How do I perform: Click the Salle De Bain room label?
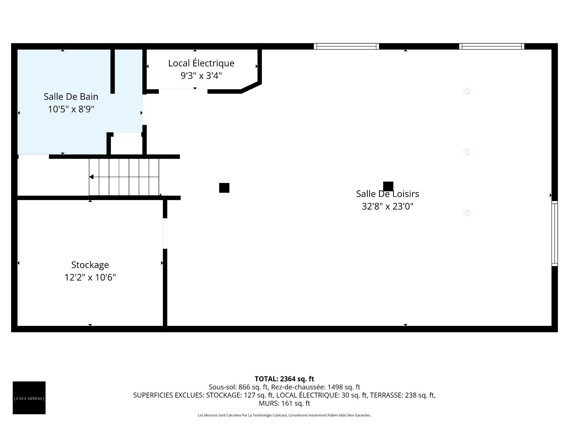(71, 97)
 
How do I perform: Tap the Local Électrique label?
(201, 63)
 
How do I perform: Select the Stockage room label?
(90, 265)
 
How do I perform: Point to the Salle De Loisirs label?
(387, 194)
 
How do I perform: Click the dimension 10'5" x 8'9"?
(71, 109)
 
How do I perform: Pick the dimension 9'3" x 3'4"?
(201, 76)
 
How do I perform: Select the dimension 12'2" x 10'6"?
(90, 278)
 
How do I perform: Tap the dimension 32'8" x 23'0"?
(387, 206)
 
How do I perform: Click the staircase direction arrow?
(92, 177)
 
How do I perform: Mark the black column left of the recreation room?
(224, 188)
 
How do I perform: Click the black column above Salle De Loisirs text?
(388, 186)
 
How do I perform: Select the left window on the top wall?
(346, 46)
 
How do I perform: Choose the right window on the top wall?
(492, 46)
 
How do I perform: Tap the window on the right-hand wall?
(554, 233)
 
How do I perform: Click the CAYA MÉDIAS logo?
(29, 398)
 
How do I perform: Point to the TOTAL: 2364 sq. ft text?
(284, 379)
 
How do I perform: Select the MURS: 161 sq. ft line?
(284, 403)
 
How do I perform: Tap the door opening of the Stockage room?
(165, 233)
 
